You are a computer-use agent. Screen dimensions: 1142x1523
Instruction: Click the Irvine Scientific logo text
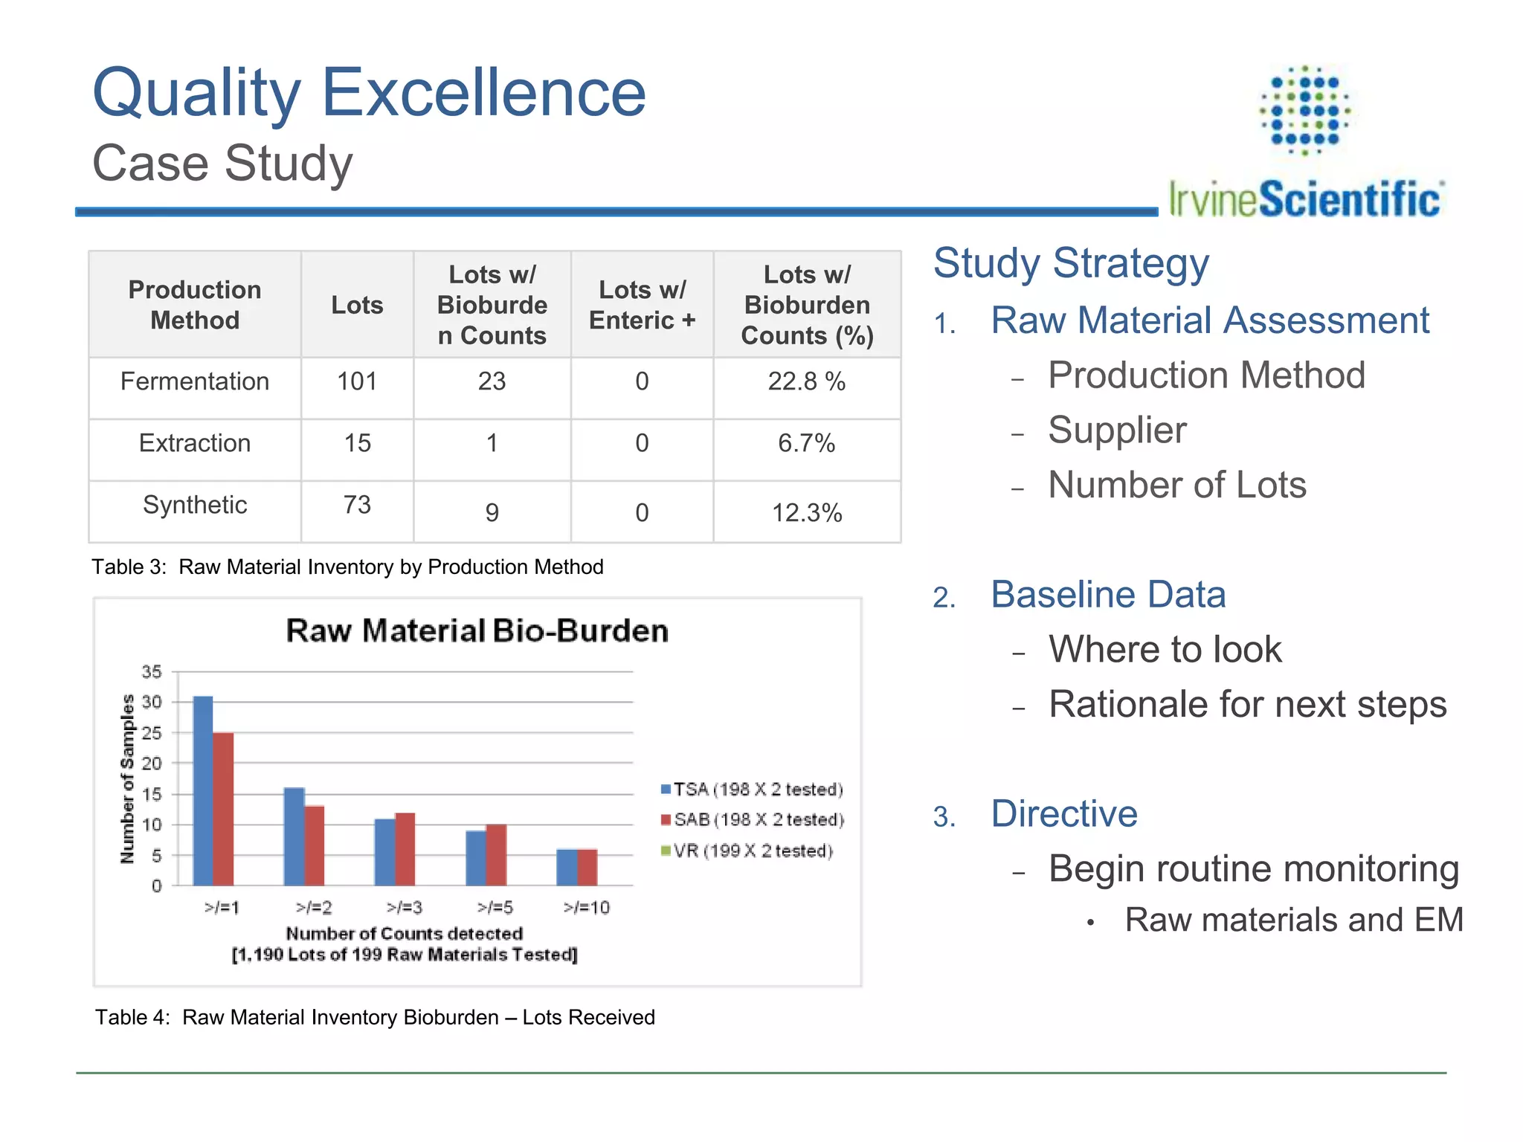click(1305, 199)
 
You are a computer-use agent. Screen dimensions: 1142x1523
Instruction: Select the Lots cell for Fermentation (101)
click(357, 381)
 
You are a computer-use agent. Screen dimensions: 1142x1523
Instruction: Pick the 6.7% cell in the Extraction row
click(806, 443)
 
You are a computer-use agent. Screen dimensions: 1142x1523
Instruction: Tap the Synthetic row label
click(195, 505)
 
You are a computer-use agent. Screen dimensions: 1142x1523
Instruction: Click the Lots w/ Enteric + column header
click(642, 305)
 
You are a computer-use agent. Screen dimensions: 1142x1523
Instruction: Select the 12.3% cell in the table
click(806, 513)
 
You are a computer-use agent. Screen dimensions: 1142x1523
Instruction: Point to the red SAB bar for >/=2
click(315, 845)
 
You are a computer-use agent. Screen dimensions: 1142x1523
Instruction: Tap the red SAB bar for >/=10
click(587, 867)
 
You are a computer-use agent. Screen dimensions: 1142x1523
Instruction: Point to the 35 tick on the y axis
click(152, 672)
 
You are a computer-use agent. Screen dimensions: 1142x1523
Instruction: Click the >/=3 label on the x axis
click(405, 908)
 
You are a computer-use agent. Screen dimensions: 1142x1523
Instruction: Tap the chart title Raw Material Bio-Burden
click(477, 630)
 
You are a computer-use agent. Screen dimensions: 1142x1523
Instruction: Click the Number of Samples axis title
click(127, 778)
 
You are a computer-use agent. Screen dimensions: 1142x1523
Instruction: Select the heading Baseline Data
click(1108, 595)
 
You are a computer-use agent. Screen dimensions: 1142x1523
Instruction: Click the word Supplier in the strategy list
click(1117, 430)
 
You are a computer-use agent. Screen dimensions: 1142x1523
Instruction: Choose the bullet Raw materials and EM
click(1293, 920)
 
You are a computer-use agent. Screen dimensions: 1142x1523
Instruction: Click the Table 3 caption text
click(347, 567)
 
